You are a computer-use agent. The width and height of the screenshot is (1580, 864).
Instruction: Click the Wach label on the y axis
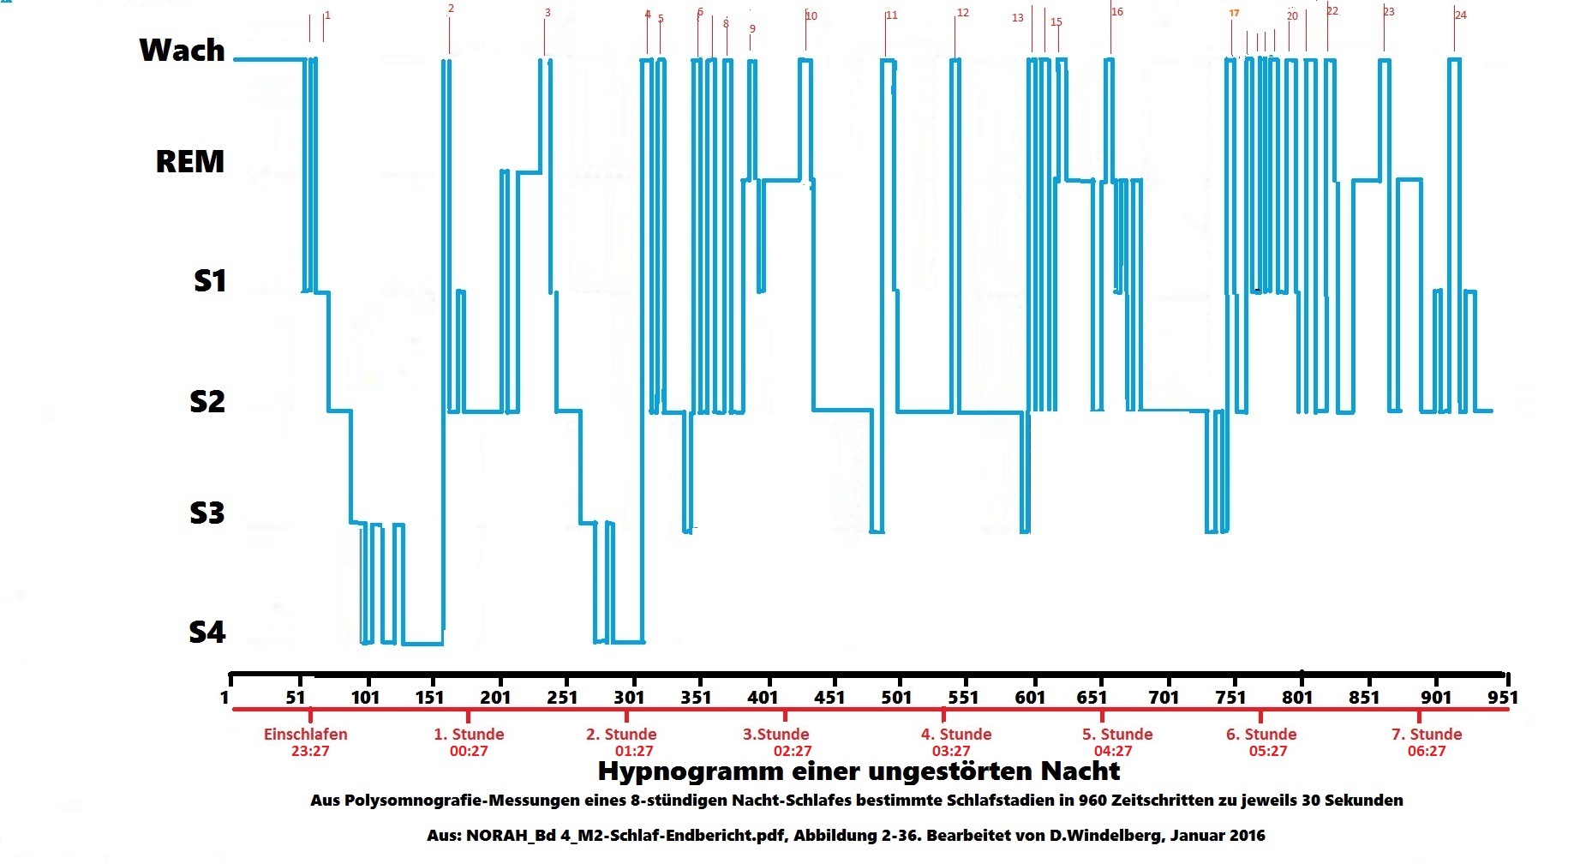pyautogui.click(x=182, y=51)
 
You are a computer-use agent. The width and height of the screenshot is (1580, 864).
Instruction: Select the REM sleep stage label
pyautogui.click(x=189, y=161)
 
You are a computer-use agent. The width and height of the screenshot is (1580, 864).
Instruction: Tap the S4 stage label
pyautogui.click(x=206, y=633)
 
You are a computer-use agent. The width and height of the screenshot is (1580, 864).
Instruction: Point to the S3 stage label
pyautogui.click(x=206, y=513)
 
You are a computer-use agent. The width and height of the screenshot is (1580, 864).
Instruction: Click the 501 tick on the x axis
pyautogui.click(x=896, y=697)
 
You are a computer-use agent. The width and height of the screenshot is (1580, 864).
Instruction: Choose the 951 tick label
pyautogui.click(x=1503, y=697)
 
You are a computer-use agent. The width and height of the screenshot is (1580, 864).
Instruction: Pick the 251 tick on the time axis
pyautogui.click(x=562, y=697)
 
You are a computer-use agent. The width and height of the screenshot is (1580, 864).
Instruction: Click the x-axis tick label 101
pyautogui.click(x=365, y=697)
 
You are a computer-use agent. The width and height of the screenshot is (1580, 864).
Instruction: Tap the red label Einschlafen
pyautogui.click(x=306, y=735)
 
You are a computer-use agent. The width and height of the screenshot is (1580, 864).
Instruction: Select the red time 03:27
pyautogui.click(x=951, y=752)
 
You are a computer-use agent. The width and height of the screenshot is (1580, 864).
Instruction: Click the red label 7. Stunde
pyautogui.click(x=1426, y=735)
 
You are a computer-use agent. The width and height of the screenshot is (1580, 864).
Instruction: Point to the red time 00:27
pyautogui.click(x=469, y=752)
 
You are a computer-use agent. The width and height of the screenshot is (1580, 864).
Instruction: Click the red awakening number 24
pyautogui.click(x=1460, y=15)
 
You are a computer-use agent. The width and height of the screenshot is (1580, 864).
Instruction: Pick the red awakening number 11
pyautogui.click(x=892, y=15)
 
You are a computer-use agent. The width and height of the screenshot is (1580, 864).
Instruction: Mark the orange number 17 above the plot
pyautogui.click(x=1234, y=13)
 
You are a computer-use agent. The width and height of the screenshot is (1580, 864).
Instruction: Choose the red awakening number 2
pyautogui.click(x=452, y=9)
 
